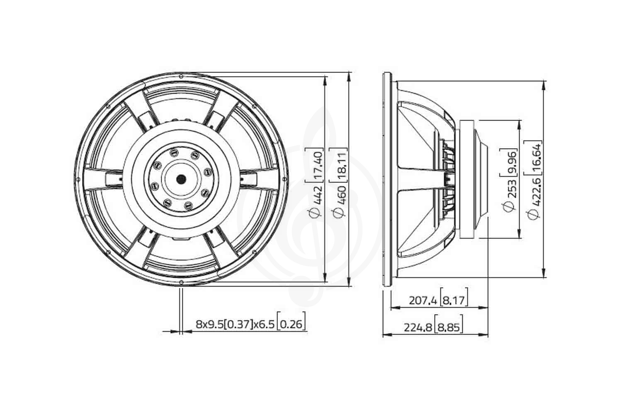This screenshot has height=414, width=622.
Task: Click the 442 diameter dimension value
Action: click(x=316, y=195)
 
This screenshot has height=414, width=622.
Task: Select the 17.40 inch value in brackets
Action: click(x=316, y=165)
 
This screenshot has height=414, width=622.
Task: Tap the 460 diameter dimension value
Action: click(x=340, y=195)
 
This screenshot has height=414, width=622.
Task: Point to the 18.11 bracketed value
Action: click(x=340, y=165)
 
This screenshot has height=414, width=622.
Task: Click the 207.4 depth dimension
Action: click(x=423, y=300)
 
